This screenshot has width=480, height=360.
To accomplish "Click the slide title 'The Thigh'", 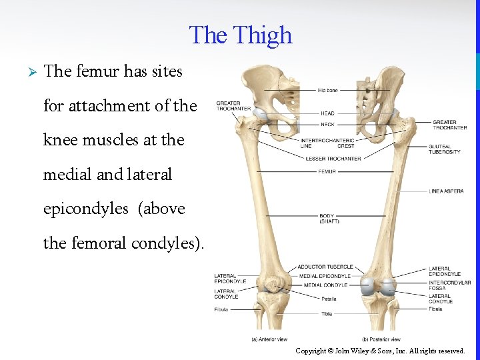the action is coord(241,35).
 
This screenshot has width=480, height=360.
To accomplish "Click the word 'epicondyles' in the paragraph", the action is coord(86,209).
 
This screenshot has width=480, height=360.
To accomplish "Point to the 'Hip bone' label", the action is coord(327,90).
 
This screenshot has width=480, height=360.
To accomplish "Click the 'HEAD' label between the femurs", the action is coord(327,113).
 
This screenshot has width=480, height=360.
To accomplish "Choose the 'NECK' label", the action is coord(327,125).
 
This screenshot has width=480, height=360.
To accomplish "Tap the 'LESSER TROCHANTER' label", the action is coord(333,159).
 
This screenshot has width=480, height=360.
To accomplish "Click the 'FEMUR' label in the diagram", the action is coord(327,171).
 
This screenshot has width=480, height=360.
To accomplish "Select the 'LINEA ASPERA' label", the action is coord(446,191).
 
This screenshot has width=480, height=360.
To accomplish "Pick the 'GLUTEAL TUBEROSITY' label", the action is coord(445,149).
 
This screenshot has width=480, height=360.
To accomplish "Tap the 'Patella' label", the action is coord(329,299).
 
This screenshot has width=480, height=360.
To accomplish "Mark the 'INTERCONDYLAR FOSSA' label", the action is coord(449,285).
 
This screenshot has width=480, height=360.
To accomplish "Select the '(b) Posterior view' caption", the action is coord(381,339).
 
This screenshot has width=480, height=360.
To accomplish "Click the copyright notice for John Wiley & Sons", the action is coord(380,351).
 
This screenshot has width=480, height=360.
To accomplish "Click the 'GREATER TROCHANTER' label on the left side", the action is coord(233,106).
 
